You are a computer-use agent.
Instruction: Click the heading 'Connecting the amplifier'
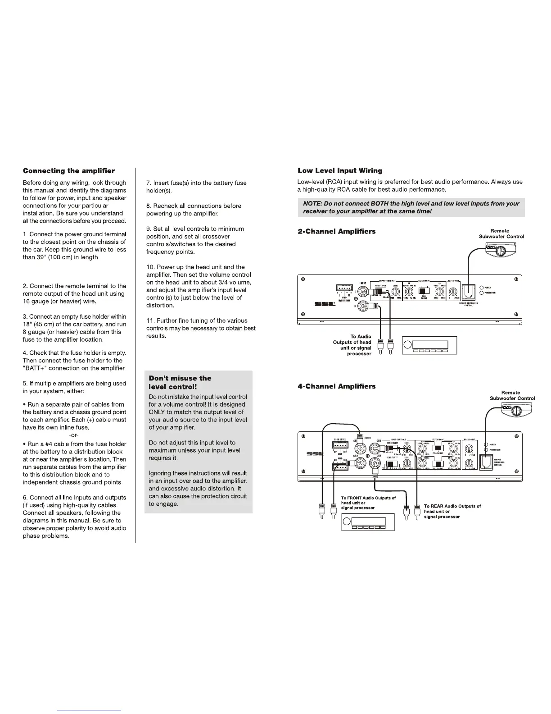(x=69, y=171)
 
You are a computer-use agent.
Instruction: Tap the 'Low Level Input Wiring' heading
(x=340, y=170)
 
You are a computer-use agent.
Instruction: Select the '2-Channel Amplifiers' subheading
(x=337, y=231)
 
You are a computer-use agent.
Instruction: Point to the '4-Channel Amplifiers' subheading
(x=337, y=386)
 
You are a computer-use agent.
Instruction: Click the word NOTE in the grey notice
(x=312, y=204)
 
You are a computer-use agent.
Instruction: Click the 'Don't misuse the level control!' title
(x=180, y=383)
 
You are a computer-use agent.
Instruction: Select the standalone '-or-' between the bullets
(x=74, y=435)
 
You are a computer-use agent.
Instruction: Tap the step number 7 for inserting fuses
(x=148, y=183)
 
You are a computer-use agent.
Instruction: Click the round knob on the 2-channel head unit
(x=408, y=345)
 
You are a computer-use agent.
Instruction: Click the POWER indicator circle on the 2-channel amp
(x=481, y=287)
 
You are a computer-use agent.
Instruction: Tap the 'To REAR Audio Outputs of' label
(x=452, y=506)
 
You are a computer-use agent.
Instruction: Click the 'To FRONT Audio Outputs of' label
(x=368, y=498)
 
